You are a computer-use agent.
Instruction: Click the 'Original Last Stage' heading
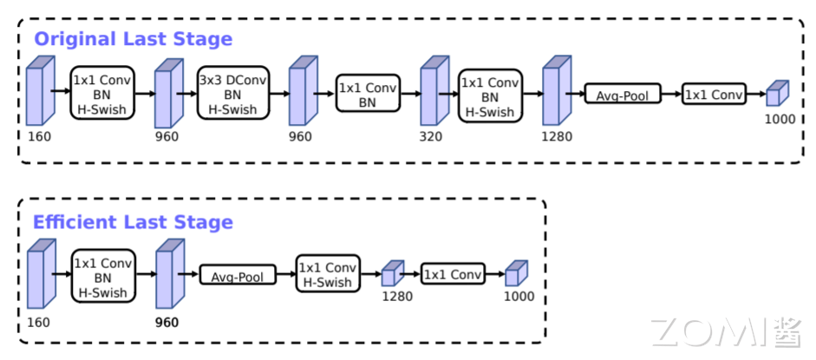(133, 39)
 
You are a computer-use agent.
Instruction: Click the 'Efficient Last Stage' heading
(133, 222)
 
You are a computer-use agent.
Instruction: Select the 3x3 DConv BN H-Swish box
(233, 95)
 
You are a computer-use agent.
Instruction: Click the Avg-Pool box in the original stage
(623, 94)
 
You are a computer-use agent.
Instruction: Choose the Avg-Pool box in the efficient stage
(238, 276)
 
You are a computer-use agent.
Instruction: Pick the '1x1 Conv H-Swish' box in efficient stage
(328, 275)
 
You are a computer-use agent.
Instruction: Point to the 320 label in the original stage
(432, 137)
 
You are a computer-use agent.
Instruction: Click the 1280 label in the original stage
(555, 137)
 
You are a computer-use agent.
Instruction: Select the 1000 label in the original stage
(780, 119)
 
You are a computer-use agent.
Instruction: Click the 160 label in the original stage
(39, 137)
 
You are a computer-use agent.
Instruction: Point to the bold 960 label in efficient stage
(166, 323)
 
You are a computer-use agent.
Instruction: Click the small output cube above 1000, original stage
(778, 94)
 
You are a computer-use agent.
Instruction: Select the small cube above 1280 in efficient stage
(393, 274)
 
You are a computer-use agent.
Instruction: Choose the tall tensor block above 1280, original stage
(555, 93)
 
